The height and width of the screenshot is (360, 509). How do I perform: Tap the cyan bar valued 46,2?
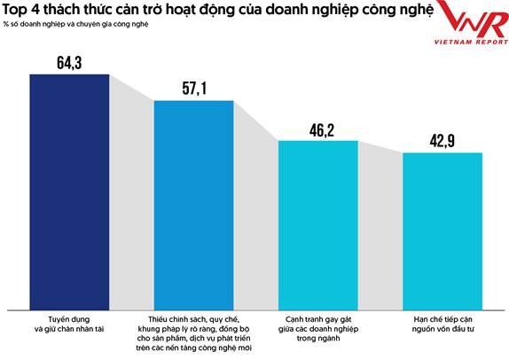[x=318, y=222]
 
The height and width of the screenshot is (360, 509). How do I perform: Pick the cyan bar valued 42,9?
[x=442, y=228]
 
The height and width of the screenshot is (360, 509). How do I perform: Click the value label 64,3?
[x=69, y=62]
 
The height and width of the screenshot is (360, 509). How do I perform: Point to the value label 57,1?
[x=193, y=90]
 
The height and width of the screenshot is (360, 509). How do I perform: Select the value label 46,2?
[x=318, y=129]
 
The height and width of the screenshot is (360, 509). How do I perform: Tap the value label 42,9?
[x=442, y=142]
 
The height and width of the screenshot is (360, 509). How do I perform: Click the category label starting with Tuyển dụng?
[x=69, y=322]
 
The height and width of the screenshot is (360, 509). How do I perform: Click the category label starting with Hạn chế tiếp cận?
[x=442, y=322]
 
